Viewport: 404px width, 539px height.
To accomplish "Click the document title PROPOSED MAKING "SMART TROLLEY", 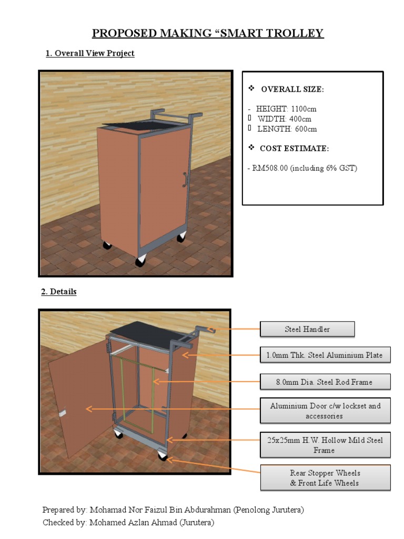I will (x=208, y=34).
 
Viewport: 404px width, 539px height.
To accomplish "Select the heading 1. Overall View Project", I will (x=90, y=53).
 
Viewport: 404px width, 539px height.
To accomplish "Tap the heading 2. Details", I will (x=59, y=291).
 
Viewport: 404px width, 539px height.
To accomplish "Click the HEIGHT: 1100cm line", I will (x=282, y=109).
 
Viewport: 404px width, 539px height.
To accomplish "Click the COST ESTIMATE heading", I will (x=294, y=148).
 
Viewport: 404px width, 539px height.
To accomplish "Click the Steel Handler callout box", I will (x=307, y=330).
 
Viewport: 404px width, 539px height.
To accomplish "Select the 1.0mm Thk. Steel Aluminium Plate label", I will (x=325, y=355).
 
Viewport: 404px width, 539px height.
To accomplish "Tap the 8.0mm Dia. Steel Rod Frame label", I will (x=325, y=382).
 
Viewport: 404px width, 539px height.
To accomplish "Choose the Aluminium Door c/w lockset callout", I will (x=325, y=411).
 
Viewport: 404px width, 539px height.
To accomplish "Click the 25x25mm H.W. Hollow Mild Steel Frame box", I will (x=325, y=445).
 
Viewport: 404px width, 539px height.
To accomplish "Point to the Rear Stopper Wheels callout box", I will (x=325, y=477).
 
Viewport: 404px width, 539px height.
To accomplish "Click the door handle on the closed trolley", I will (x=185, y=179).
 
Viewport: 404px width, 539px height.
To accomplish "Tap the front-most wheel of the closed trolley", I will (x=141, y=261).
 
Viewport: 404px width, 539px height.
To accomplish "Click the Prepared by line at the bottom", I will (x=173, y=510).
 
